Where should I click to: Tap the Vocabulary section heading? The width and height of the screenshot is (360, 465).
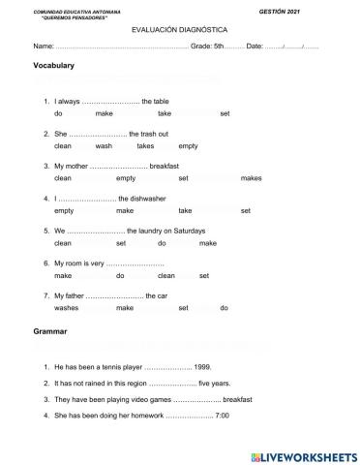tap(54, 66)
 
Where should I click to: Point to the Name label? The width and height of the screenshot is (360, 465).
tap(43, 46)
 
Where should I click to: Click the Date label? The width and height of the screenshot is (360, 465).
tap(255, 46)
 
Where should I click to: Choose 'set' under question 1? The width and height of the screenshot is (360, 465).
tap(225, 114)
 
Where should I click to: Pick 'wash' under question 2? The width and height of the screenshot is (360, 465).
tap(104, 146)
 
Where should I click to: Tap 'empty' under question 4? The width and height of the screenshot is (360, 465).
tap(64, 210)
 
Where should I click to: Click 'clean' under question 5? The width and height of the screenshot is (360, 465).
tap(63, 243)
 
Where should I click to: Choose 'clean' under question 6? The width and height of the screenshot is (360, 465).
tap(166, 276)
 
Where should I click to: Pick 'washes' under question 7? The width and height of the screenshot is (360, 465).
tap(66, 308)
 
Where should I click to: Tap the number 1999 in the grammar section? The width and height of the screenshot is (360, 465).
tap(202, 368)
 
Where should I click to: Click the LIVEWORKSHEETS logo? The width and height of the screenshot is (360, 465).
tap(304, 455)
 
